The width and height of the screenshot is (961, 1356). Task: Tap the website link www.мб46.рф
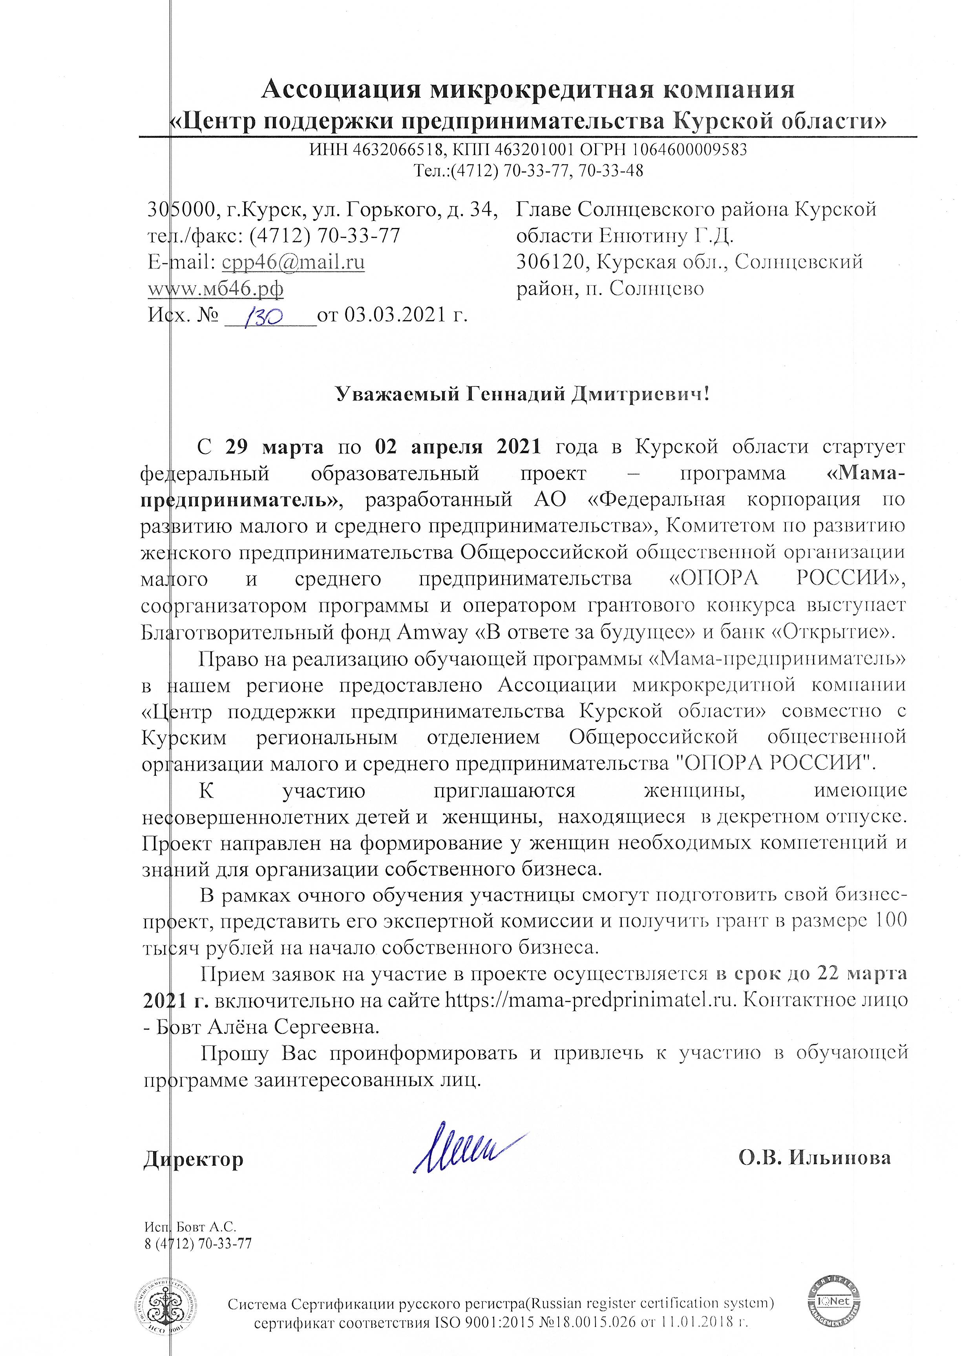(x=216, y=289)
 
